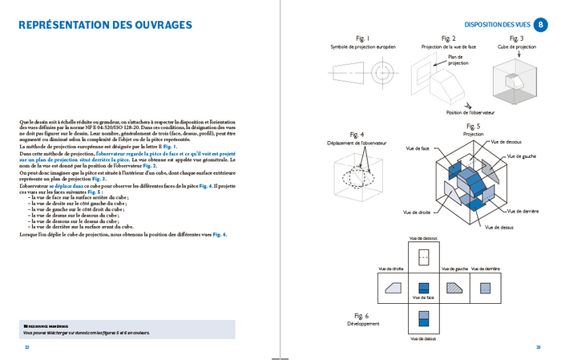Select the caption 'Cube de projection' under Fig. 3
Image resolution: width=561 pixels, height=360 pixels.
click(x=517, y=47)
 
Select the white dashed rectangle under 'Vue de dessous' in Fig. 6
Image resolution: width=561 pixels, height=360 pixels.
click(x=425, y=256)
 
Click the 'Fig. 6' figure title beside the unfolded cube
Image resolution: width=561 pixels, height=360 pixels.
click(x=361, y=316)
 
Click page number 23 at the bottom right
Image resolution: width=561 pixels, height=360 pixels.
click(x=538, y=347)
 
